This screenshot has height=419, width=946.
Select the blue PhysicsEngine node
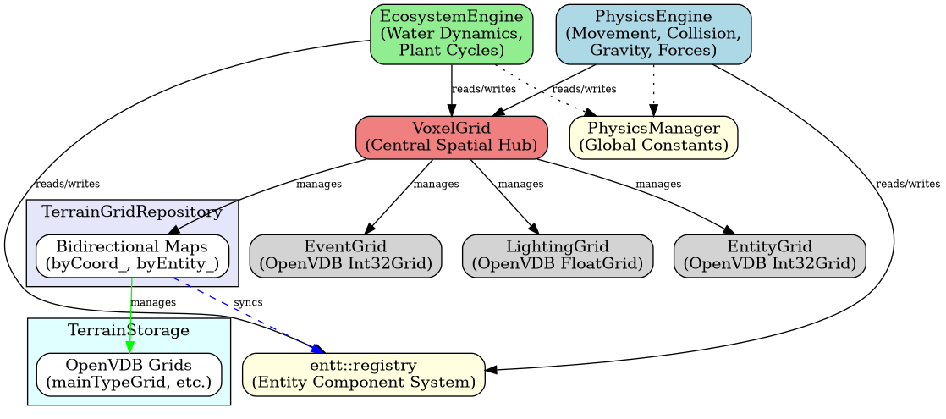coord(653,35)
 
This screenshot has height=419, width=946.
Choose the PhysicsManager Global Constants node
coord(653,137)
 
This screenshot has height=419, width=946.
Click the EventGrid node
coord(345,256)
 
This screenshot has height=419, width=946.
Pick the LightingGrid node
coord(558,256)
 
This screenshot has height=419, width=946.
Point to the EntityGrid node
coord(769,256)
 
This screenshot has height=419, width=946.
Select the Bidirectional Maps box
coord(132,256)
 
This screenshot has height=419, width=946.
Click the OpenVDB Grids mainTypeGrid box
coord(129,374)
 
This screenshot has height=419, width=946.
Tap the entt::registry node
coord(364,374)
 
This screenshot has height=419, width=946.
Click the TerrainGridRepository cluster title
coord(132,212)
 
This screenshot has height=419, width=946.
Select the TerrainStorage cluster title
coord(129,330)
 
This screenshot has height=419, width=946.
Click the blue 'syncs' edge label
coord(248,302)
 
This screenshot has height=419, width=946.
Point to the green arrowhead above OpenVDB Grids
coord(130,347)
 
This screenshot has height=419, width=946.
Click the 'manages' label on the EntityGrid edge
coord(658,184)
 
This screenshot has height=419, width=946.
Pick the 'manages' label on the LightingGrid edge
coord(521,184)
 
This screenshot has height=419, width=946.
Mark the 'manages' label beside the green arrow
coord(153,302)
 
